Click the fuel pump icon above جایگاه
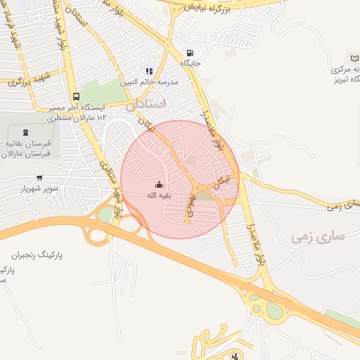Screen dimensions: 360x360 click(x=190, y=53)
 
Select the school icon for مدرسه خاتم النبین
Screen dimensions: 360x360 click(x=148, y=71)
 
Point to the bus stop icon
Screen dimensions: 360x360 click(x=76, y=97)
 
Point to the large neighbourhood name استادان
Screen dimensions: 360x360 click(x=146, y=103)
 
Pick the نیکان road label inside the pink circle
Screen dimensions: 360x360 click(x=223, y=181)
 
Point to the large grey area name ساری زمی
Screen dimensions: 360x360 click(x=318, y=236)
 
